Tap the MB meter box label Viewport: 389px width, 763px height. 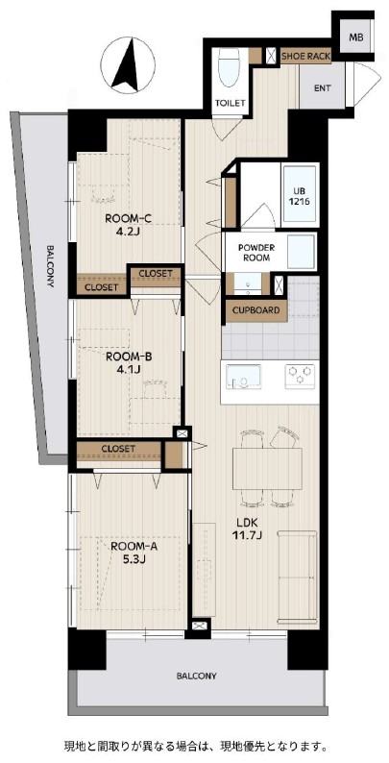pyautogui.click(x=356, y=37)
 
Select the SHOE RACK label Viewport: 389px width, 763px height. pyautogui.click(x=305, y=57)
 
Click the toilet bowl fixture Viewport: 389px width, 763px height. pyautogui.click(x=229, y=67)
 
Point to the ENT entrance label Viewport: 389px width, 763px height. pyautogui.click(x=323, y=88)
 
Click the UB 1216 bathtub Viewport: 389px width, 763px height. pyautogui.click(x=300, y=196)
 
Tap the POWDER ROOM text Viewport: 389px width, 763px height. pyautogui.click(x=255, y=253)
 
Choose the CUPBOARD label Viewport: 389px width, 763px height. pyautogui.click(x=255, y=310)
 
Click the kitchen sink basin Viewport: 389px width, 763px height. pyautogui.click(x=244, y=376)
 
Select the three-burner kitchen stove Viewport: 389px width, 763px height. pyautogui.click(x=300, y=376)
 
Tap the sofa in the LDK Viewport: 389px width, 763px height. pyautogui.click(x=297, y=578)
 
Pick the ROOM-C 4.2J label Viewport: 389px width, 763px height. pyautogui.click(x=129, y=224)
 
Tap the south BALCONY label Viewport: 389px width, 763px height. pyautogui.click(x=197, y=676)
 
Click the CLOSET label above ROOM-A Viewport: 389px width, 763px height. pyautogui.click(x=119, y=448)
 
